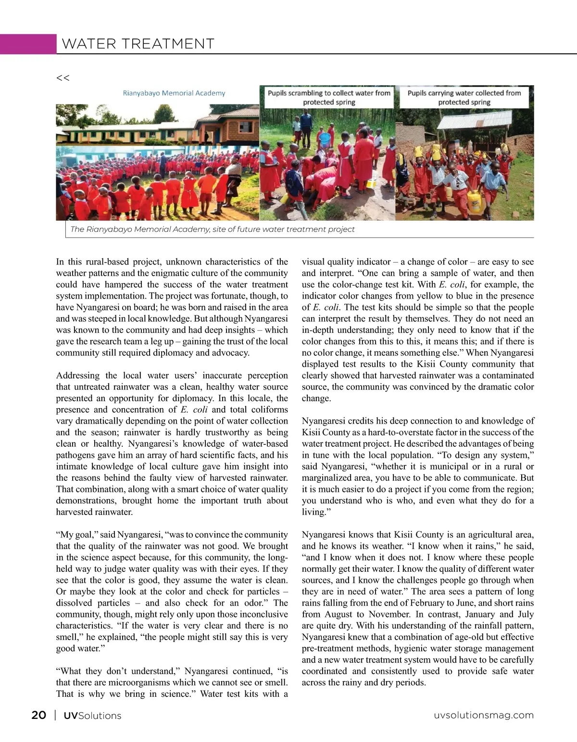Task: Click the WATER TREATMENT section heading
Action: [138, 44]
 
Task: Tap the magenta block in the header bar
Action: [28, 44]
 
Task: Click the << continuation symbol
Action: [63, 78]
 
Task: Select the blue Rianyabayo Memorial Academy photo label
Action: [174, 93]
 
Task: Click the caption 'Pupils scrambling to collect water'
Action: [329, 97]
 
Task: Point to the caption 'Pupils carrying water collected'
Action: [464, 97]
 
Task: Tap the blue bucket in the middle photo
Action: [325, 139]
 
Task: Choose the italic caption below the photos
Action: [212, 229]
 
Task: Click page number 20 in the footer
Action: [38, 715]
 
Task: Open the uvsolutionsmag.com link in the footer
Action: [483, 715]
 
